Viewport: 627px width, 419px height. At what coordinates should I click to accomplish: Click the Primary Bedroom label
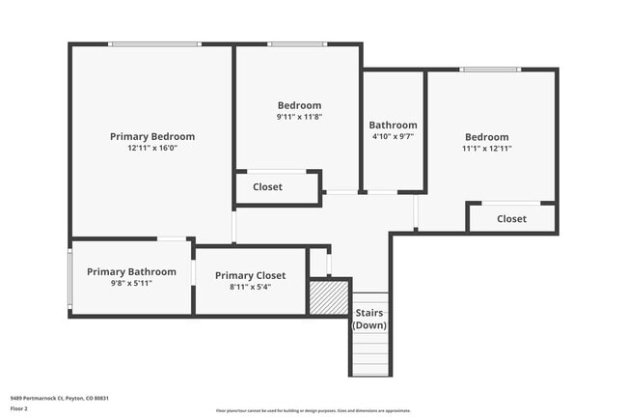click(x=152, y=137)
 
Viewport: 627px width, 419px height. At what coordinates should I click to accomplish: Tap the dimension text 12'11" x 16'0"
click(x=152, y=149)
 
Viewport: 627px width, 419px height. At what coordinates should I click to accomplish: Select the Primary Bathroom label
click(x=131, y=272)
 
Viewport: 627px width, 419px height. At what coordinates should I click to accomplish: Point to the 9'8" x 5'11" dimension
click(x=131, y=284)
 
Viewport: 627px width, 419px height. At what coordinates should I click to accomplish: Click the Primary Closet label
click(x=250, y=276)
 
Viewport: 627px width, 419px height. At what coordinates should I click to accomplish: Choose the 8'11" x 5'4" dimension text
click(x=250, y=288)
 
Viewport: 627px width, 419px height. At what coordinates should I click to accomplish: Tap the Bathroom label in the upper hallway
click(x=393, y=126)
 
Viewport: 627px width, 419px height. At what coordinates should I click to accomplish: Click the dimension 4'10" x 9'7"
click(x=393, y=137)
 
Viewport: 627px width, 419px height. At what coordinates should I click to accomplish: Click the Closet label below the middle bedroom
click(x=267, y=187)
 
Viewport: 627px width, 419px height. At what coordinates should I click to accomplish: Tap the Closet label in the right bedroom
click(x=511, y=219)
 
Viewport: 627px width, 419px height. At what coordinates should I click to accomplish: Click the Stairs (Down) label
click(x=369, y=320)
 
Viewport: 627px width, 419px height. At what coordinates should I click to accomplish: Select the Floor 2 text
click(x=19, y=408)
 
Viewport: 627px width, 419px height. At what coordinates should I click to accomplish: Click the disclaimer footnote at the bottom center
click(x=313, y=410)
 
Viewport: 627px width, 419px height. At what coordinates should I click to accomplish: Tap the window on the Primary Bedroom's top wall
click(x=154, y=43)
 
